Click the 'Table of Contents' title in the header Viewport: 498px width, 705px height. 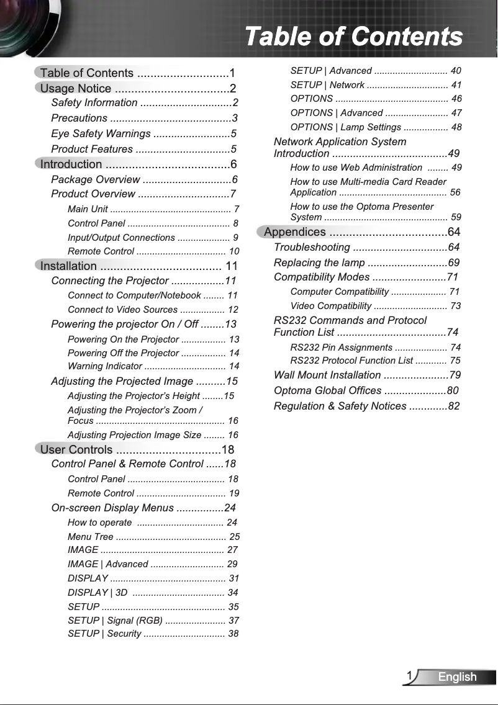353,36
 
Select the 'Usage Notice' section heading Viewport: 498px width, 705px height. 76,88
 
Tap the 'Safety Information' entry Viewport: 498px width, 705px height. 95,102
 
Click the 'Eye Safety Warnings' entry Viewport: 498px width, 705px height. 101,133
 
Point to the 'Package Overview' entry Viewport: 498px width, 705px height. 96,179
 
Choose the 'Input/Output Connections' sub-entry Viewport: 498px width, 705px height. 121,238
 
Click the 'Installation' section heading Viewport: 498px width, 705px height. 68,266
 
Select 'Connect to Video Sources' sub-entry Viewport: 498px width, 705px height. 123,309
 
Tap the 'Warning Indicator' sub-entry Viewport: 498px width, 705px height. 105,366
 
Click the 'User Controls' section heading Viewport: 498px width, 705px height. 76,449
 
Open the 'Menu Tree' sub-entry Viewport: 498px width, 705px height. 91,536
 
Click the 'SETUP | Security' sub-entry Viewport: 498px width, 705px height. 104,634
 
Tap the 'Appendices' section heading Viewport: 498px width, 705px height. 295,232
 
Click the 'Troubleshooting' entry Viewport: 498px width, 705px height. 312,248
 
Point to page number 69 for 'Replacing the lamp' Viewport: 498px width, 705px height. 453,263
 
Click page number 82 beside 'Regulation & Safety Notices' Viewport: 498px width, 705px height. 453,406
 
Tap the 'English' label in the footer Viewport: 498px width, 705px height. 457,676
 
